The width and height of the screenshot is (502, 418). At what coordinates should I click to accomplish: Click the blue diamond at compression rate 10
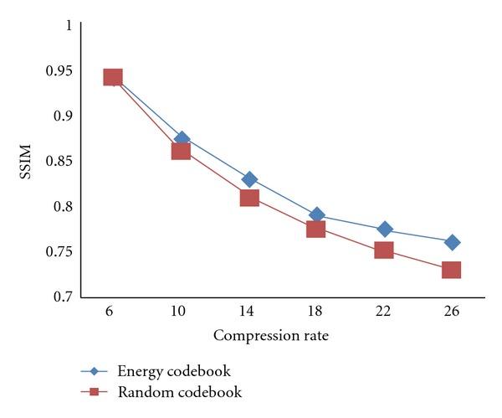[x=181, y=139]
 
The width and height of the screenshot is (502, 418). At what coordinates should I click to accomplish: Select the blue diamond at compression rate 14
[x=249, y=179]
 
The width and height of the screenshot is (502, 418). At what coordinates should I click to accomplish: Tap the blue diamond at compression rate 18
[x=316, y=215]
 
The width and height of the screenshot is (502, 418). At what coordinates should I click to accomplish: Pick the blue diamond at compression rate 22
[x=384, y=229]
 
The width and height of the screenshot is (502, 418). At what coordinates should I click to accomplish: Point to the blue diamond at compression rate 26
[x=452, y=242]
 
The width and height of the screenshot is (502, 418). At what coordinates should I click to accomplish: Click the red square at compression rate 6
[x=113, y=78]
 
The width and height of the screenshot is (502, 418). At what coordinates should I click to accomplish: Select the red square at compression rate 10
[x=181, y=151]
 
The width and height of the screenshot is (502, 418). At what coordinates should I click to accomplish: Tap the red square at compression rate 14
[x=249, y=198]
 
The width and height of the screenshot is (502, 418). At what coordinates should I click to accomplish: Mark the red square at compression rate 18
[x=316, y=228]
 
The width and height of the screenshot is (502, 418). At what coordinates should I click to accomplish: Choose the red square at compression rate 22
[x=384, y=250]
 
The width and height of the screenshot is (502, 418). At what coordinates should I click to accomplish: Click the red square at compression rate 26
[x=452, y=270]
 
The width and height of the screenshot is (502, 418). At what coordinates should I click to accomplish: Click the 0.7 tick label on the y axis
[x=62, y=297]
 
